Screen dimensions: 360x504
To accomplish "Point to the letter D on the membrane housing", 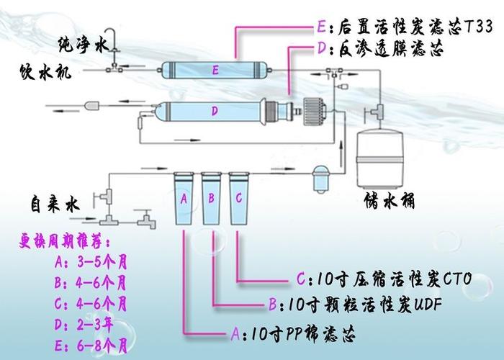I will (x=215, y=111).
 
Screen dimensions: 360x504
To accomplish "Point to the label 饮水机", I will (x=45, y=72).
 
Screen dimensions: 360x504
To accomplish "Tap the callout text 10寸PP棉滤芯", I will (x=300, y=334).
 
